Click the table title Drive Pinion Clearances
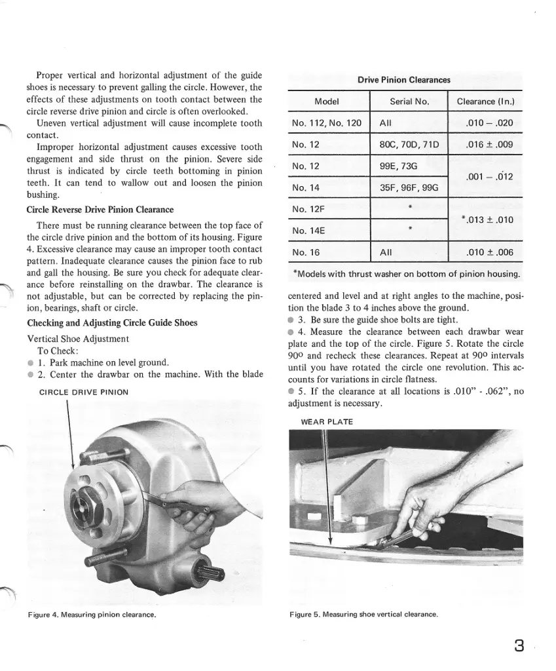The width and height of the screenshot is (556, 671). (x=403, y=80)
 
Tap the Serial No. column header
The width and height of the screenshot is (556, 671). (x=409, y=102)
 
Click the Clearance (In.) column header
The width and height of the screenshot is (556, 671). (x=485, y=102)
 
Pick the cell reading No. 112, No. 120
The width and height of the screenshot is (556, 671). (x=326, y=123)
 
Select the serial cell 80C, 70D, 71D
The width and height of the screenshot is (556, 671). (x=409, y=144)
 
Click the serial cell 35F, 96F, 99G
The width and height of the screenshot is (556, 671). (x=409, y=187)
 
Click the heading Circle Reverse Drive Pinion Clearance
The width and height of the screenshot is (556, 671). (x=100, y=210)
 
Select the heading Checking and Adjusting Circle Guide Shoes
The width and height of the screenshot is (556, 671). (x=113, y=323)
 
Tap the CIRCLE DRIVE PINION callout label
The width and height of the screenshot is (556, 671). (x=84, y=392)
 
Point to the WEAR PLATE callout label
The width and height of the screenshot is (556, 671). (x=326, y=422)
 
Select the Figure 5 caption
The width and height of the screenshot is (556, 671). (x=363, y=615)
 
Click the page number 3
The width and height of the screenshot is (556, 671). (x=519, y=645)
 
